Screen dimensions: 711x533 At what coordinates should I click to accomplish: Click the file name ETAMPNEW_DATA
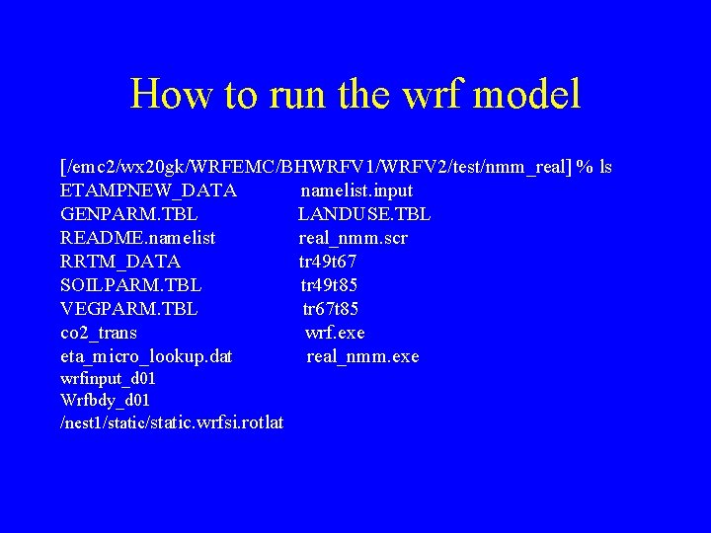(148, 190)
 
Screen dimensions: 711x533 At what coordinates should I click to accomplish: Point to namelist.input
(356, 190)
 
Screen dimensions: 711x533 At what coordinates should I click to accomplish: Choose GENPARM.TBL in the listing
(129, 214)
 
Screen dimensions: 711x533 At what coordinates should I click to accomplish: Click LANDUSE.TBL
(364, 214)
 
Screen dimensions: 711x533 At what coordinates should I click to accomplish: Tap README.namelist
(138, 238)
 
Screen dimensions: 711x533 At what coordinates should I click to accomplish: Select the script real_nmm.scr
(354, 238)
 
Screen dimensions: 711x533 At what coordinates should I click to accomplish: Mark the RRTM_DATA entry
(120, 262)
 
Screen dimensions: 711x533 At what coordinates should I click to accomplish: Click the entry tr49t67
(328, 262)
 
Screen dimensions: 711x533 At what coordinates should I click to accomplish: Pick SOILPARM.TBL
(131, 285)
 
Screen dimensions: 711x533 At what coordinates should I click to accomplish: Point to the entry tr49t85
(330, 285)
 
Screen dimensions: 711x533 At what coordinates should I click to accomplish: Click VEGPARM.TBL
(129, 309)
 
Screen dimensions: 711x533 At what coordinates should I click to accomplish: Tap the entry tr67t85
(331, 309)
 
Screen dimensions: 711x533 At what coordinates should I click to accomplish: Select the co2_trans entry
(99, 333)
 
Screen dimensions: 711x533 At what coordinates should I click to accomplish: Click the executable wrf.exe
(335, 333)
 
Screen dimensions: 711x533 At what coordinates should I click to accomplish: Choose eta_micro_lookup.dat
(146, 356)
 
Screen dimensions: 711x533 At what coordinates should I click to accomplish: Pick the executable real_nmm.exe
(362, 356)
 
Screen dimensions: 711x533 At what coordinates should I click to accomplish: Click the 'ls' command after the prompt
(604, 167)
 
